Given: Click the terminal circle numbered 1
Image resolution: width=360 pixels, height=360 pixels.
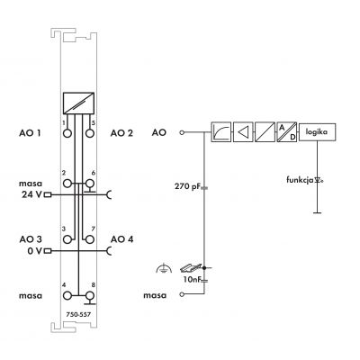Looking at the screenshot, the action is pyautogui.click(x=67, y=133).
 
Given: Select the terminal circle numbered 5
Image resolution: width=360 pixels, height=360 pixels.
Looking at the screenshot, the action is pyautogui.click(x=89, y=133).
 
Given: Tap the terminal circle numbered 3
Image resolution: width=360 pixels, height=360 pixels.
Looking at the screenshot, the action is pyautogui.click(x=67, y=239).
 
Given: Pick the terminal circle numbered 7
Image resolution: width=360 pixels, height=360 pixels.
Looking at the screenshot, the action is pyautogui.click(x=89, y=239).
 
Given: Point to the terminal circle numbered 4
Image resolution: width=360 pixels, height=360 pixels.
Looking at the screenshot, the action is pyautogui.click(x=67, y=296).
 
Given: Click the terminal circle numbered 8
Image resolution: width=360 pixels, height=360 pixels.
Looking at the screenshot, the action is pyautogui.click(x=89, y=296).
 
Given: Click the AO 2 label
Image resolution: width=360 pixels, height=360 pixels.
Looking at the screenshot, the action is pyautogui.click(x=121, y=133).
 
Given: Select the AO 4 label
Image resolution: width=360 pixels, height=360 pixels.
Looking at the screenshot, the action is pyautogui.click(x=121, y=239).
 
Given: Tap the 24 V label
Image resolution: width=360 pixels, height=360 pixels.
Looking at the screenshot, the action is pyautogui.click(x=31, y=194).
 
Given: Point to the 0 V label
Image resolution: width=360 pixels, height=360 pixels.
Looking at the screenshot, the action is pyautogui.click(x=35, y=251).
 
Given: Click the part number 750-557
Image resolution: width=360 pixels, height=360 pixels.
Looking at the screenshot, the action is pyautogui.click(x=78, y=314).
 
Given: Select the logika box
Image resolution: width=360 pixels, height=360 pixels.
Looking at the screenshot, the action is pyautogui.click(x=317, y=131).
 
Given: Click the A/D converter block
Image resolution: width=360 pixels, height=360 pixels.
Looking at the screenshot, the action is pyautogui.click(x=287, y=131).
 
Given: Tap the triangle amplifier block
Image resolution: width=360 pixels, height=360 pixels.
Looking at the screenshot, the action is pyautogui.click(x=243, y=131).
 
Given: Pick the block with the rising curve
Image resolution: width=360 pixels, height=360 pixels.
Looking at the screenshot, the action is pyautogui.click(x=221, y=131).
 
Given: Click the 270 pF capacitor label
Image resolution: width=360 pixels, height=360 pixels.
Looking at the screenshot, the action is pyautogui.click(x=187, y=186).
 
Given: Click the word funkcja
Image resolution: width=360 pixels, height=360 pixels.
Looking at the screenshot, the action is pyautogui.click(x=300, y=180).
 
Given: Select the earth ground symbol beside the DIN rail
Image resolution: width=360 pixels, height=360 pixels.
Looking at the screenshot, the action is pyautogui.click(x=164, y=268).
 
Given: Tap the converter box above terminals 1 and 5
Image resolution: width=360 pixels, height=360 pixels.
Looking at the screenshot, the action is pyautogui.click(x=78, y=103).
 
